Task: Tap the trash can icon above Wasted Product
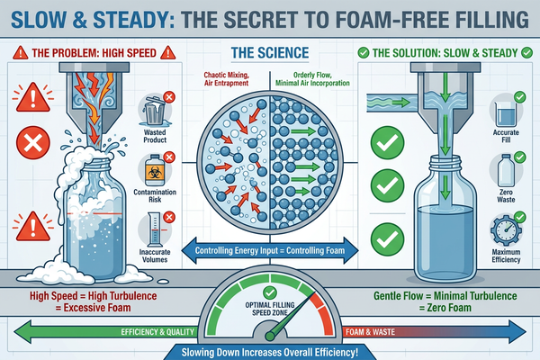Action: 154,110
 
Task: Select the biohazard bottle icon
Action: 155,170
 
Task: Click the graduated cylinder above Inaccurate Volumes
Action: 154,229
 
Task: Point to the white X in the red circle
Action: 33,143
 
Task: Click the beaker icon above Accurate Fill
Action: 505,113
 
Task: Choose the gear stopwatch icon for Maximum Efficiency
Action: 505,229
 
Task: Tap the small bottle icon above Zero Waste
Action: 506,170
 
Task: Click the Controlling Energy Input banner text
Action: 270,250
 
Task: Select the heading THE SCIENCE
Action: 270,53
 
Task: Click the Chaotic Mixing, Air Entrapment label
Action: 226,79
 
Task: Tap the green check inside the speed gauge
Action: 270,292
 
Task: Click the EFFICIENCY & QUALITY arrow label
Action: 157,332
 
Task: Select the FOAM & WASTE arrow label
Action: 370,332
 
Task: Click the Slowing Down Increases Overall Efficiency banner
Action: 270,353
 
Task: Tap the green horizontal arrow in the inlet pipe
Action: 400,103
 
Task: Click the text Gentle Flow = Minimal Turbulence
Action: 445,296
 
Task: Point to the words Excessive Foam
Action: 97,308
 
